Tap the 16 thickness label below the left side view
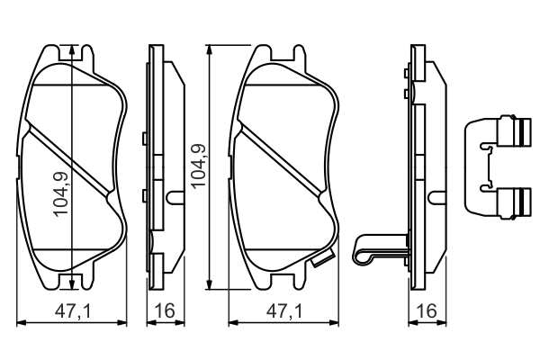[165, 312]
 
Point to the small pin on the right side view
[436, 196]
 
